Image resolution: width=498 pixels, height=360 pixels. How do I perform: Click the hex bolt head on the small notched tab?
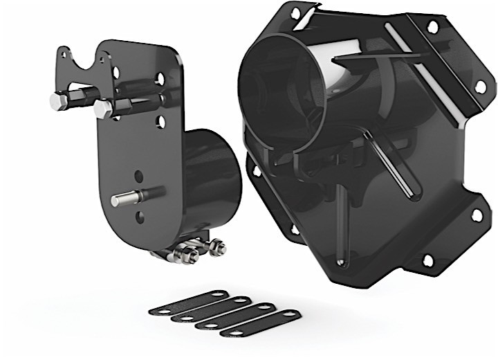coord(59,102)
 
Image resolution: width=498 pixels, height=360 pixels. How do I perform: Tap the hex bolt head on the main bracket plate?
coord(103,109)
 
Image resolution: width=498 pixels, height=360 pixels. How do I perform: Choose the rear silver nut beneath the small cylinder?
coord(217,245)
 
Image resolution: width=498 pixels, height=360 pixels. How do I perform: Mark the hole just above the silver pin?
coord(139,177)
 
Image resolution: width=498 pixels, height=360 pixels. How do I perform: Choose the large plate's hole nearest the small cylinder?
coord(256,170)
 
